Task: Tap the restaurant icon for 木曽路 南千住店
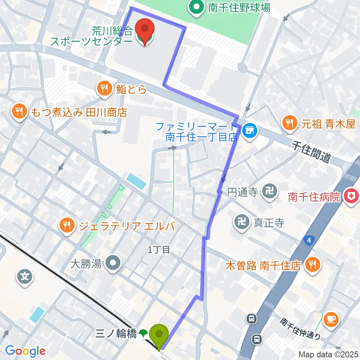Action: (312, 265)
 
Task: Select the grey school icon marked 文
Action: (24, 277)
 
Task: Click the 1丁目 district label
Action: (159, 250)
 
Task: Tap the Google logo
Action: (25, 351)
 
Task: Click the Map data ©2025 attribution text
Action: (328, 354)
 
